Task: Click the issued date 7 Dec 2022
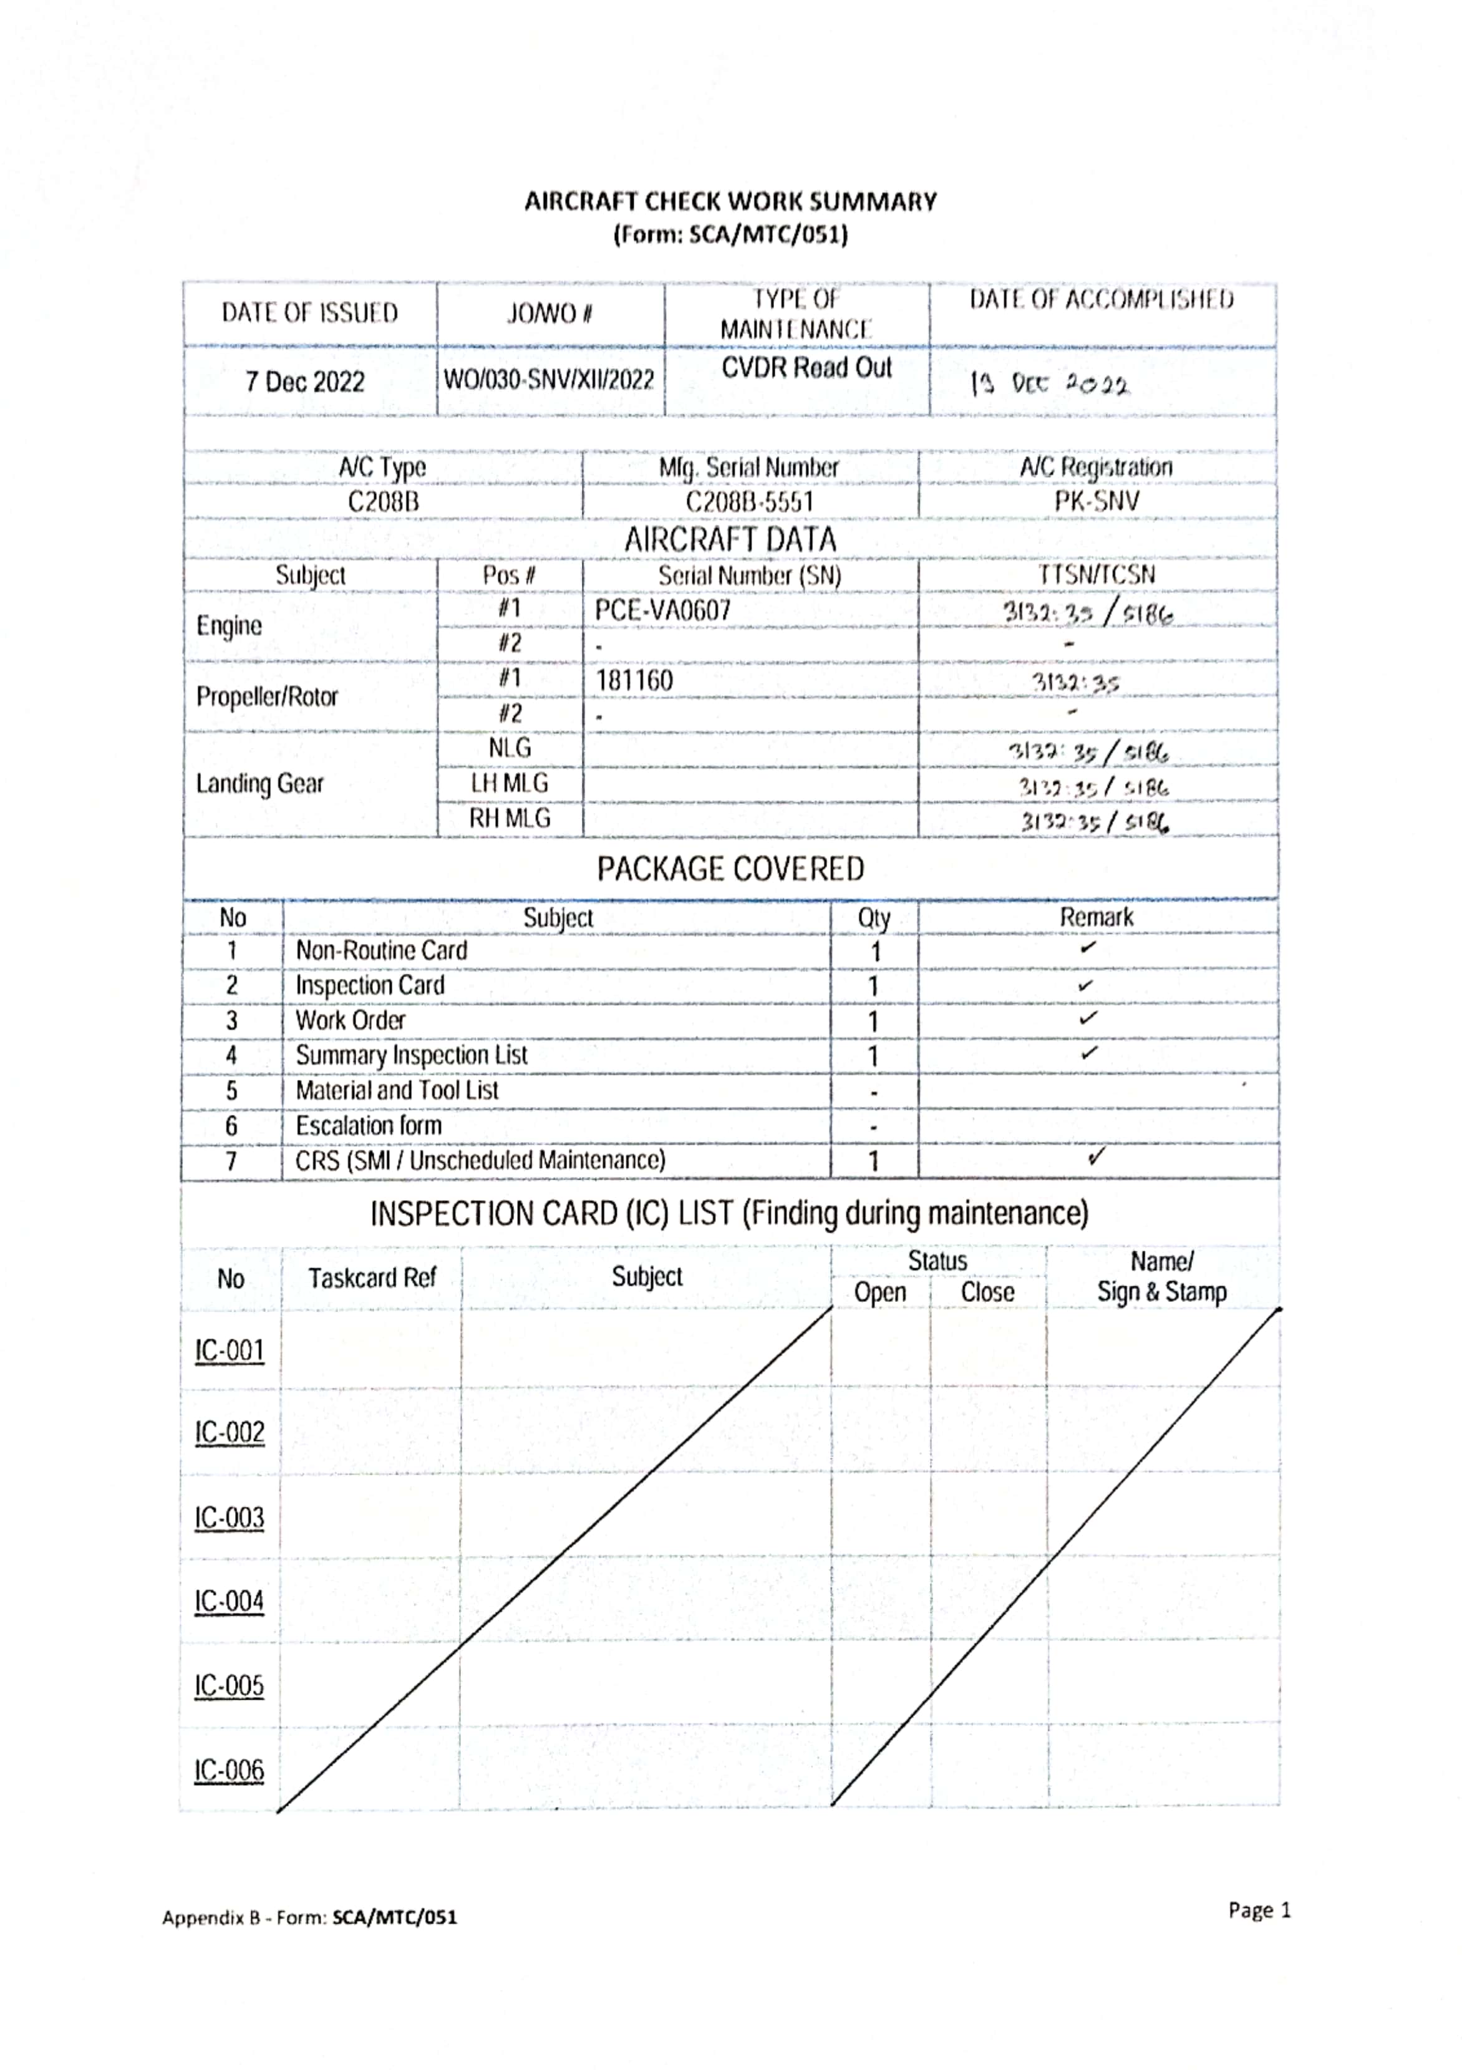[x=305, y=382]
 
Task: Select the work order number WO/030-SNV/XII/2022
[x=548, y=380]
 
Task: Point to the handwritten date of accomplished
[x=1049, y=384]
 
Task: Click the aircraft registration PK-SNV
[x=1096, y=501]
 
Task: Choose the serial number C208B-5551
[x=750, y=501]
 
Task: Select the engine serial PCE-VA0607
[x=662, y=610]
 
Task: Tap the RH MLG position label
[x=510, y=818]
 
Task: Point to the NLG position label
[x=510, y=748]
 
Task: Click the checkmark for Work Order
[x=1088, y=1018]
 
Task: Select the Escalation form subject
[x=369, y=1125]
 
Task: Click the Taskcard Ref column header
[x=372, y=1278]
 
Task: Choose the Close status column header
[x=987, y=1292]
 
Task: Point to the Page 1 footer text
[x=1259, y=1910]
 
